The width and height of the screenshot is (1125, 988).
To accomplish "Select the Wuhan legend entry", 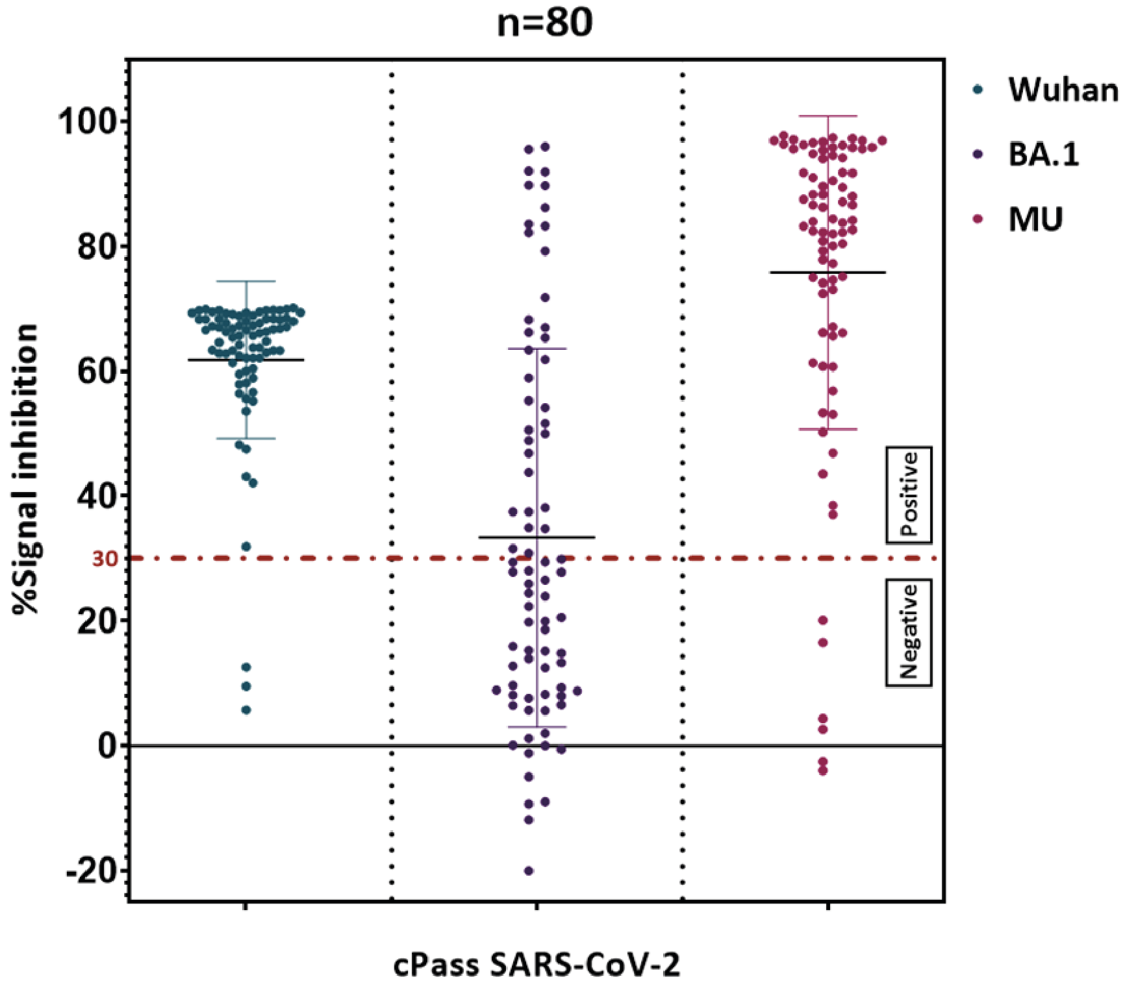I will pyautogui.click(x=1063, y=90).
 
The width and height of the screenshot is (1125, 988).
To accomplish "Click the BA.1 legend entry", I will pyautogui.click(x=1043, y=155).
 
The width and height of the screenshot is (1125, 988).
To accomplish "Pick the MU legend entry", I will pyautogui.click(x=1035, y=219).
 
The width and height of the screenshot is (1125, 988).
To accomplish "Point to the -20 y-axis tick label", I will pyautogui.click(x=91, y=870).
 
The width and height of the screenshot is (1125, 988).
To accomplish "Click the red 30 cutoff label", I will pyautogui.click(x=105, y=559).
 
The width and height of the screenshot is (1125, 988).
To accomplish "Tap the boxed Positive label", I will pyautogui.click(x=909, y=495).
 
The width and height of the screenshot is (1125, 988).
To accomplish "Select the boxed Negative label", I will pyautogui.click(x=909, y=632).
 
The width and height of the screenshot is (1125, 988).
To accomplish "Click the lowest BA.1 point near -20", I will pyautogui.click(x=529, y=871).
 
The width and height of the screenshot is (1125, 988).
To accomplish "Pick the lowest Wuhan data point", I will pyautogui.click(x=246, y=710).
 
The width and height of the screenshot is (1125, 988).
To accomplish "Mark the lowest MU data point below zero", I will pyautogui.click(x=823, y=771).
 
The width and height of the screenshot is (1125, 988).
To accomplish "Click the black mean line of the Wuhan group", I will pyautogui.click(x=273, y=360).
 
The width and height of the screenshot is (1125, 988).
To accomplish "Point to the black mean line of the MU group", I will pyautogui.click(x=857, y=273).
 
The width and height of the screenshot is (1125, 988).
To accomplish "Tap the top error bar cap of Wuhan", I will pyautogui.click(x=246, y=282).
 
